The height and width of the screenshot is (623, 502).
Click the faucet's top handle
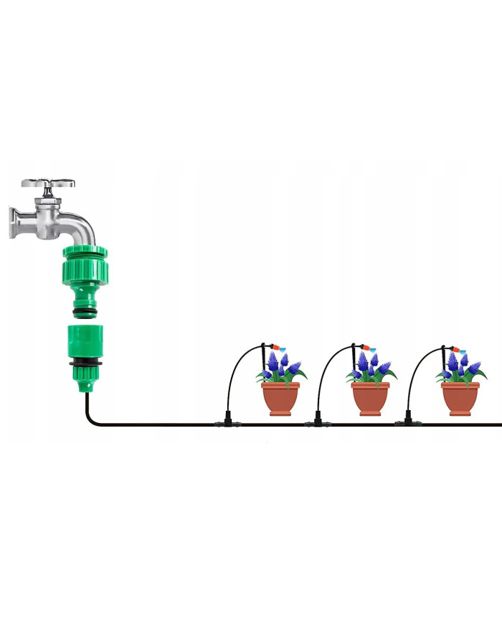(x=49, y=184)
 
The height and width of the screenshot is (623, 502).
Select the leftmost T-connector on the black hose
(x=226, y=422)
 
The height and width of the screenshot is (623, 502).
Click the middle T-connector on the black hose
(x=316, y=422)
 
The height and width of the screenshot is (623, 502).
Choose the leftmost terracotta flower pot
(x=280, y=398)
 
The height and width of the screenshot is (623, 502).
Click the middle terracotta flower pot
(x=370, y=398)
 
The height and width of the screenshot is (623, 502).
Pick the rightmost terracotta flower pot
(x=460, y=398)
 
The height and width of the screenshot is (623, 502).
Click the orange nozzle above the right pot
(x=453, y=348)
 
